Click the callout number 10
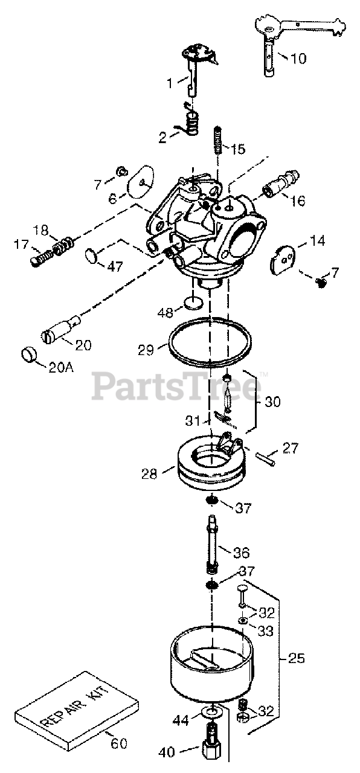click(298, 59)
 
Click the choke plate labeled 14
click(283, 259)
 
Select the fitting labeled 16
click(281, 183)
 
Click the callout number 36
click(241, 553)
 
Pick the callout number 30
click(272, 402)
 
